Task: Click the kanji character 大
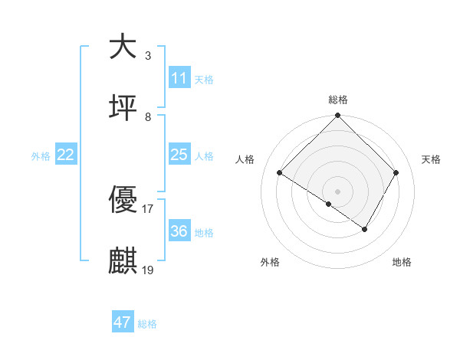123,47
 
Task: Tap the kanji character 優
123,201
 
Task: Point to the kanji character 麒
123,261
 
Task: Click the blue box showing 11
179,78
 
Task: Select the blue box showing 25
179,155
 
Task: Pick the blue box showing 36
179,231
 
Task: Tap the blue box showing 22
66,155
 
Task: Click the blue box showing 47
123,322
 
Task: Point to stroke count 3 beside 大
148,56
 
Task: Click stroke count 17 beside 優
148,209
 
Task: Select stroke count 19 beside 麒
148,270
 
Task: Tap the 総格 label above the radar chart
338,100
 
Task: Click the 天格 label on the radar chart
431,159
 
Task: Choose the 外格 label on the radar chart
270,262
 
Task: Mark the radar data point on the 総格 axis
338,116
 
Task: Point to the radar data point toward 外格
329,204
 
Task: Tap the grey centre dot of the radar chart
338,191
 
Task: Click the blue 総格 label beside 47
148,324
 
